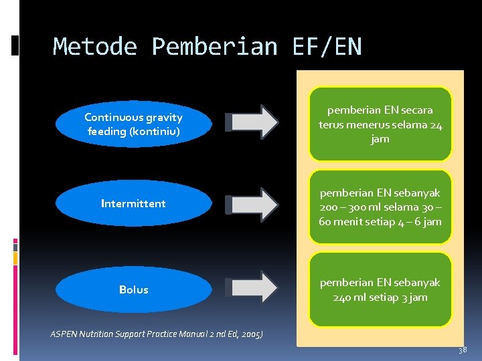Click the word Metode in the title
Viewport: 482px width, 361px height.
pos(95,47)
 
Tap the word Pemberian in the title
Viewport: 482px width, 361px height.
pos(214,47)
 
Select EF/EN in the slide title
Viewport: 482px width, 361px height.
pos(327,47)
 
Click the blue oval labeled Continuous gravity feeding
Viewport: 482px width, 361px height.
pos(133,124)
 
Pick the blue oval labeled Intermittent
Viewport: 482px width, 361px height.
pos(133,203)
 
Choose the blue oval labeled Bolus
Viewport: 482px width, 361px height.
pos(133,289)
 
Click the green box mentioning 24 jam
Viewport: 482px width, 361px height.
pos(380,124)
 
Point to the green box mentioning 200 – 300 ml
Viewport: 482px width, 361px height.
pos(380,207)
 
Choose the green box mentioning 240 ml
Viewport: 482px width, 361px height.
pos(380,289)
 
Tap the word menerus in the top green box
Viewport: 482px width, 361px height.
pos(366,125)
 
